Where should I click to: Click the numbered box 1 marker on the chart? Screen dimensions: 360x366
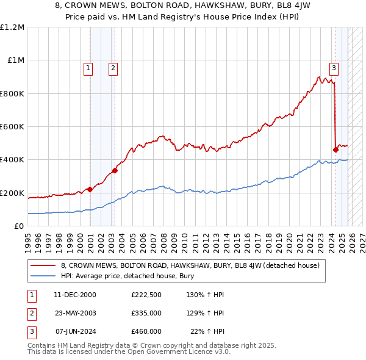click(x=89, y=68)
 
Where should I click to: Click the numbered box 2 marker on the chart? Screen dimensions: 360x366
click(x=113, y=68)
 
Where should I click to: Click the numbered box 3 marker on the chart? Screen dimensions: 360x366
click(x=334, y=68)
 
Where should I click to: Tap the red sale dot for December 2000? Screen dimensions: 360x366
click(x=90, y=189)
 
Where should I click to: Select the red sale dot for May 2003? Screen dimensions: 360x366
click(x=115, y=170)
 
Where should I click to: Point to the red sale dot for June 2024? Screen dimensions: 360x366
click(x=335, y=149)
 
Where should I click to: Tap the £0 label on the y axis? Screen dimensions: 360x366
click(x=18, y=226)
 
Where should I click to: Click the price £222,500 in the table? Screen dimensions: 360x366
click(x=146, y=295)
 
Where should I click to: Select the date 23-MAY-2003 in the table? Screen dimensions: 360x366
click(x=76, y=313)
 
